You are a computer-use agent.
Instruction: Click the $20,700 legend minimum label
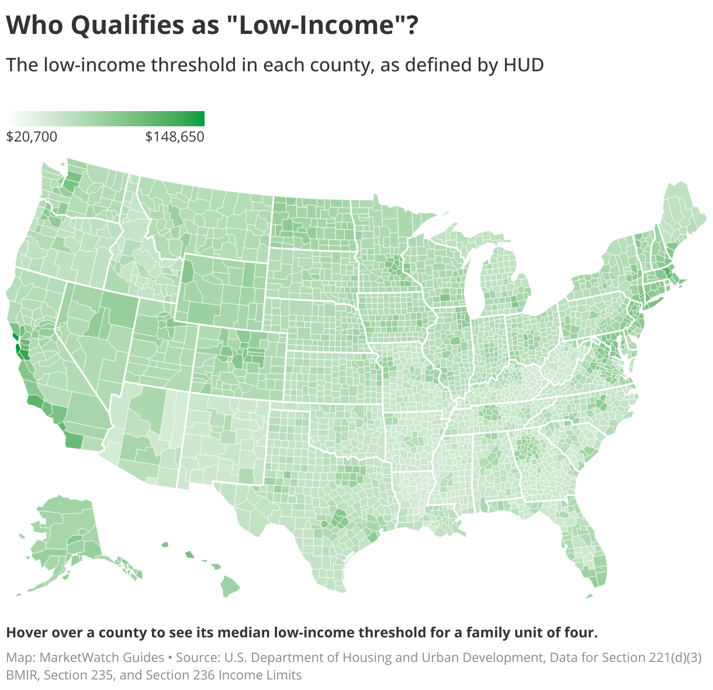[32, 137]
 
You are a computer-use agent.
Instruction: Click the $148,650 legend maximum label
[175, 137]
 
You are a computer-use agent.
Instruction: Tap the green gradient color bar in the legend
[105, 119]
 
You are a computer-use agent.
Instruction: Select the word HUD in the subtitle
[524, 64]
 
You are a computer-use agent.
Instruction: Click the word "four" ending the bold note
[581, 633]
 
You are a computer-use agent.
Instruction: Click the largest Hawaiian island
[230, 586]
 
